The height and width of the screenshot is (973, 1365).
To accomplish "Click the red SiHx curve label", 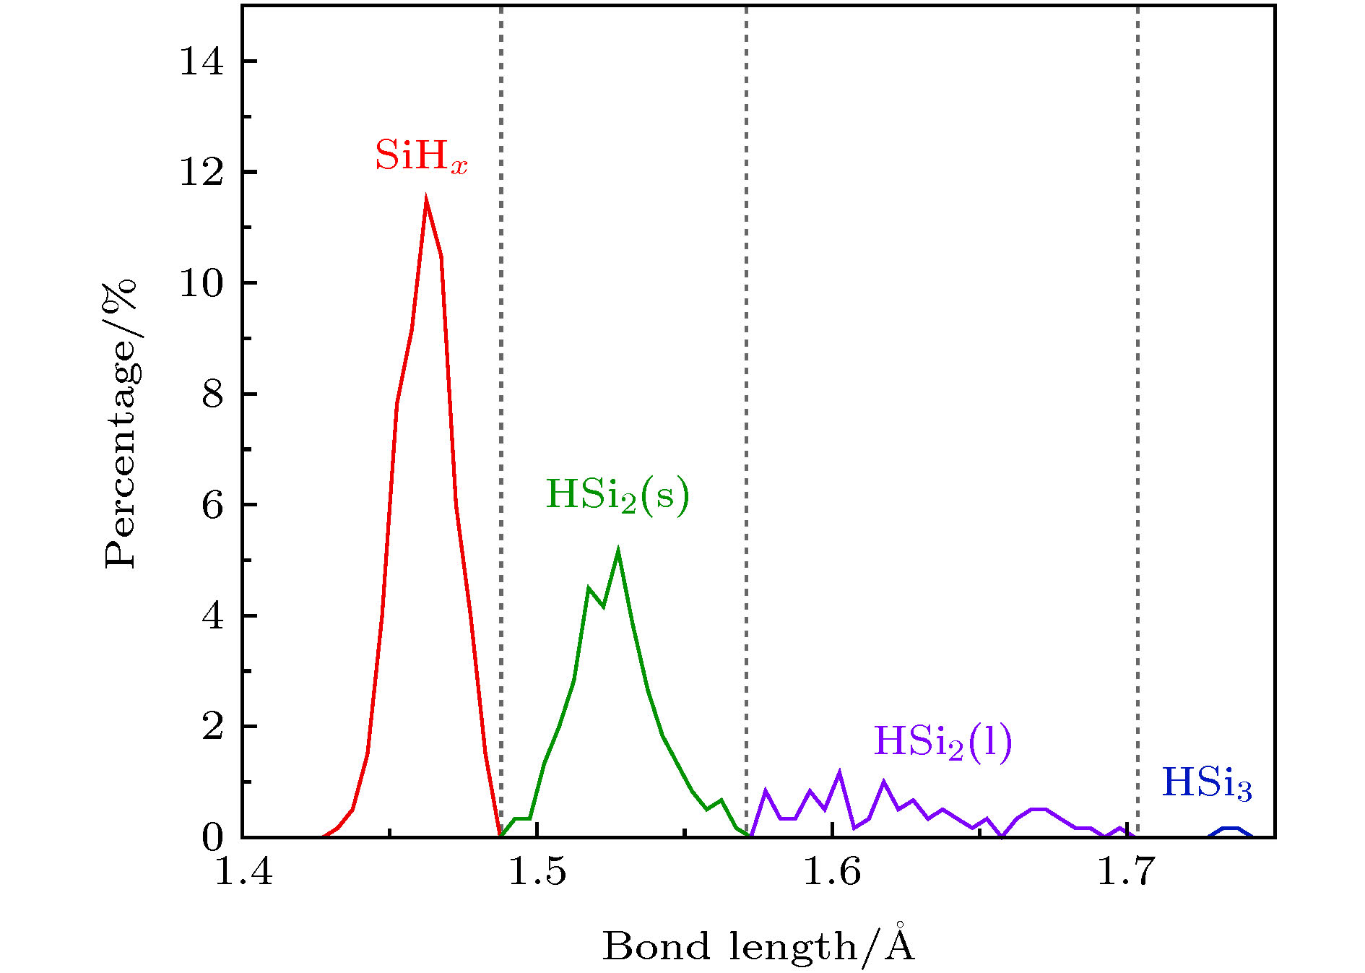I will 421,156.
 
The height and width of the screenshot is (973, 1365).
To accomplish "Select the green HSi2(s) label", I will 617,496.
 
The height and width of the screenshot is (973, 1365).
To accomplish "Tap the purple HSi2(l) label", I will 942,742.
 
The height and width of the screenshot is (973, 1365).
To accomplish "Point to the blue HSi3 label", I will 1206,784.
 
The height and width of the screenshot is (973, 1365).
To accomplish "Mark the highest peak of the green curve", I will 618,552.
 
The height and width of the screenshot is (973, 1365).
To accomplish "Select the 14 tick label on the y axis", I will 201,61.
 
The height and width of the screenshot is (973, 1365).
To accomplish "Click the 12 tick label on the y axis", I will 201,173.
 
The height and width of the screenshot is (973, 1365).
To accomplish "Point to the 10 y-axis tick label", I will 201,283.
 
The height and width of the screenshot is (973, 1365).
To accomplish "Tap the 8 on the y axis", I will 212,394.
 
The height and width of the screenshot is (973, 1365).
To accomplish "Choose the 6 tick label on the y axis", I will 212,505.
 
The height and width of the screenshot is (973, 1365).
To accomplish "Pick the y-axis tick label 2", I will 212,727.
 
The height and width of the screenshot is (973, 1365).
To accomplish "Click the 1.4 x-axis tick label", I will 244,872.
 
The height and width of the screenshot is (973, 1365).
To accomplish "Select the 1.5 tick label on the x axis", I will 538,872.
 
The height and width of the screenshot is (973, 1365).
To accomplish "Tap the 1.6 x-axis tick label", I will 832,872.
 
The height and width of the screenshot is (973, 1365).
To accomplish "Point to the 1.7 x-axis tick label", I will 1126,872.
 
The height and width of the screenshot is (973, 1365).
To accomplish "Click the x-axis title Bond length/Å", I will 758,945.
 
